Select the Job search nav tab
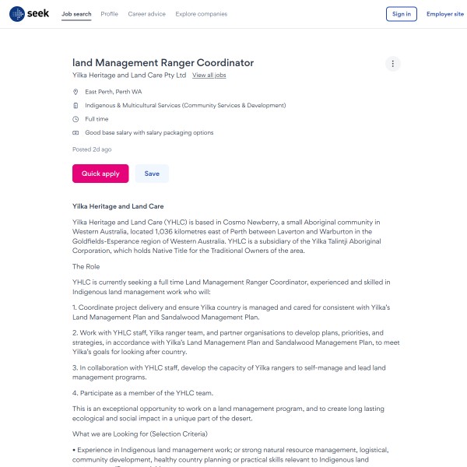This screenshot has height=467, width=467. (76, 14)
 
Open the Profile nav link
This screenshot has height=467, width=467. (110, 14)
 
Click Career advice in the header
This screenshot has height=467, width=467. (147, 14)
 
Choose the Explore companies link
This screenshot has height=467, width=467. (202, 14)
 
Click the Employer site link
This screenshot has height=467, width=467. (445, 14)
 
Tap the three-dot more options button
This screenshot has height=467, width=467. (393, 64)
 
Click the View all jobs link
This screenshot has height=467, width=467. (209, 75)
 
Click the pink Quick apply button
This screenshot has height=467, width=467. (100, 174)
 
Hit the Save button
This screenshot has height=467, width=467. (152, 174)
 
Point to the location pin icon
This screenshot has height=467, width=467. (75, 92)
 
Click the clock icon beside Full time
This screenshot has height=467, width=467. (75, 119)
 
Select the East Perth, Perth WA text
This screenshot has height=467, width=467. (114, 92)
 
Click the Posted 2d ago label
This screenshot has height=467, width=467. (92, 149)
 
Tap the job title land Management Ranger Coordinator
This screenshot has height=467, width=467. (163, 62)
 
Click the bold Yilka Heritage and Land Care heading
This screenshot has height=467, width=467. (118, 207)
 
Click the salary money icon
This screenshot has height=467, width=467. (75, 133)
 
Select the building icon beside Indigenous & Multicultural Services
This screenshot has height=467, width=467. (75, 105)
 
